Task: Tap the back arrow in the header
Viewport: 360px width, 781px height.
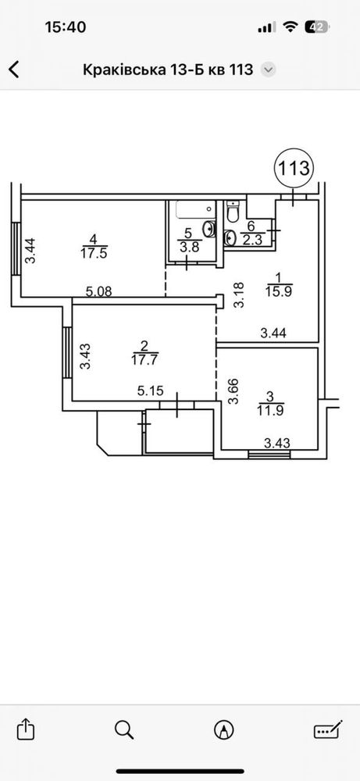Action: (x=14, y=70)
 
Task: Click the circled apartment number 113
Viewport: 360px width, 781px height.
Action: (x=294, y=169)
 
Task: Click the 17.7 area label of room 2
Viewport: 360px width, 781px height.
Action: (x=144, y=359)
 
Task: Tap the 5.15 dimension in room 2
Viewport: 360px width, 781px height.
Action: (x=151, y=391)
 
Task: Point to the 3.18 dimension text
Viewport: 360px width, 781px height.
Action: (x=239, y=295)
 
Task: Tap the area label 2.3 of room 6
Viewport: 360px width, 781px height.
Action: (x=251, y=239)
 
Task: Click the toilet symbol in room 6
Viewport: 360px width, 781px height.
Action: (x=233, y=212)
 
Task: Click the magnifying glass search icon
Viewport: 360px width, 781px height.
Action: (x=124, y=730)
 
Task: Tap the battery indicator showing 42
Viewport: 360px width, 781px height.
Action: (x=319, y=27)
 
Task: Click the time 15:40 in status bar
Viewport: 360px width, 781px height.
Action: (x=66, y=27)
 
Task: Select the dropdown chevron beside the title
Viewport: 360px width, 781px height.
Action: (x=269, y=70)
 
